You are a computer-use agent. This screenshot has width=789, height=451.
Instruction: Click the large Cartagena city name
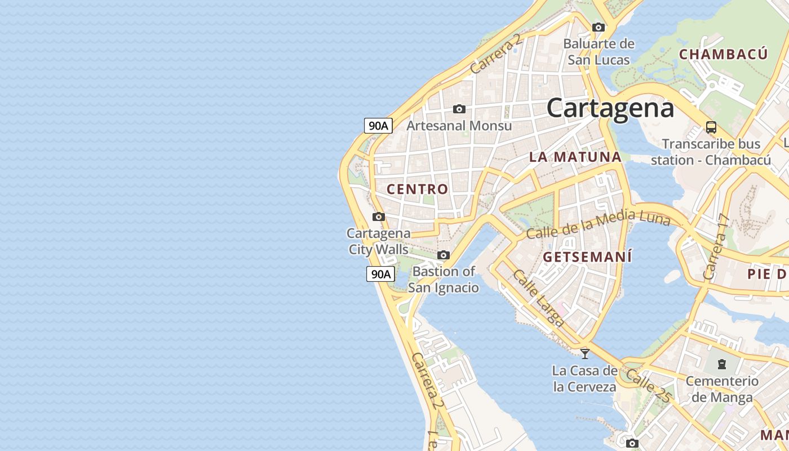pyautogui.click(x=610, y=108)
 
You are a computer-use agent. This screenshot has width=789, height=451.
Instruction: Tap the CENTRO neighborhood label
pyautogui.click(x=418, y=189)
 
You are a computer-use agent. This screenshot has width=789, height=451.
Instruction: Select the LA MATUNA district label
pyautogui.click(x=575, y=157)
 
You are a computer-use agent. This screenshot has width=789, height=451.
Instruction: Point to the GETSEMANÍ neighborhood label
pyautogui.click(x=587, y=257)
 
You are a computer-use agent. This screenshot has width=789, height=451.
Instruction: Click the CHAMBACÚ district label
pyautogui.click(x=723, y=55)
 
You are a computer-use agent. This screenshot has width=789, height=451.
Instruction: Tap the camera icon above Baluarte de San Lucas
pyautogui.click(x=599, y=27)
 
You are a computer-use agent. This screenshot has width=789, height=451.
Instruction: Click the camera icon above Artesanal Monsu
pyautogui.click(x=459, y=109)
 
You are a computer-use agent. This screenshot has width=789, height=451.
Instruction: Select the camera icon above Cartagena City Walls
pyautogui.click(x=379, y=216)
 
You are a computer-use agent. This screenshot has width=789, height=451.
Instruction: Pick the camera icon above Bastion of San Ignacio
pyautogui.click(x=444, y=255)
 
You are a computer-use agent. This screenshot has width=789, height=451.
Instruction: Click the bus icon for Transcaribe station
pyautogui.click(x=711, y=127)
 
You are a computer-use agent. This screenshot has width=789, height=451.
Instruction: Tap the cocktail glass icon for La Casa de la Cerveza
pyautogui.click(x=585, y=353)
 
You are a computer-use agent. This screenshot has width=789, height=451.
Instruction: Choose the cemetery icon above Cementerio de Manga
pyautogui.click(x=722, y=364)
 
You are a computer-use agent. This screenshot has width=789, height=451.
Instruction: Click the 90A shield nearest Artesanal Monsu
pyautogui.click(x=378, y=126)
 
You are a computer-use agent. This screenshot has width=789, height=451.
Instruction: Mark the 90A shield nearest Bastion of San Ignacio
pyautogui.click(x=380, y=275)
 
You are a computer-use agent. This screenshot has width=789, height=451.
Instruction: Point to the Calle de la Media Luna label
pyautogui.click(x=598, y=223)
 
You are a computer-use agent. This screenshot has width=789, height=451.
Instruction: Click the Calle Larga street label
pyautogui.click(x=538, y=298)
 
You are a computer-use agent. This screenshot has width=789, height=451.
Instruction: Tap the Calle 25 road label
pyautogui.click(x=648, y=386)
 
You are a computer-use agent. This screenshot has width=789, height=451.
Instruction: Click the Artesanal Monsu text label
pyautogui.click(x=459, y=126)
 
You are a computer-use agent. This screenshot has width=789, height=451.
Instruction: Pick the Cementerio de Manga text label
pyautogui.click(x=722, y=389)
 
